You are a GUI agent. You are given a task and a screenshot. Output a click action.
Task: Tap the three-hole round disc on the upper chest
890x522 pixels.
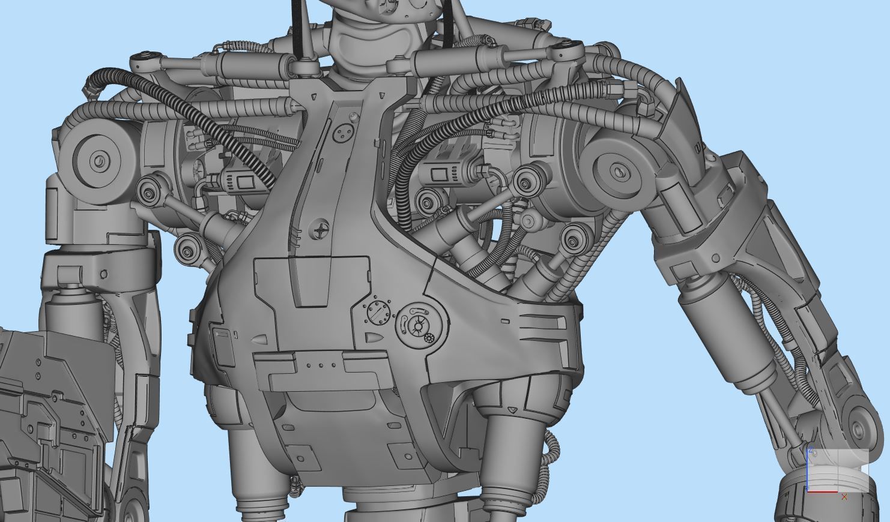(x=344, y=133)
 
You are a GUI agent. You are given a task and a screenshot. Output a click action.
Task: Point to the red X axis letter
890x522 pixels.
(x=844, y=497)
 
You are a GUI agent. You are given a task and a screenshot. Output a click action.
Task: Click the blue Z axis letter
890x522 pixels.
(x=811, y=451)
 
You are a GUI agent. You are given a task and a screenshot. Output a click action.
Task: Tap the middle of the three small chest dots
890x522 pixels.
(x=321, y=365)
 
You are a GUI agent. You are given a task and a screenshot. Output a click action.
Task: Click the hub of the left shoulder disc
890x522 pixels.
(x=99, y=160)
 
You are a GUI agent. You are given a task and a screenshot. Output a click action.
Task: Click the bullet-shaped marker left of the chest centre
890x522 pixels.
(x=260, y=339)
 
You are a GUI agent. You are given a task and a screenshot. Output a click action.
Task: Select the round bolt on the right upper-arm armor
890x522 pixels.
(x=716, y=258)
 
